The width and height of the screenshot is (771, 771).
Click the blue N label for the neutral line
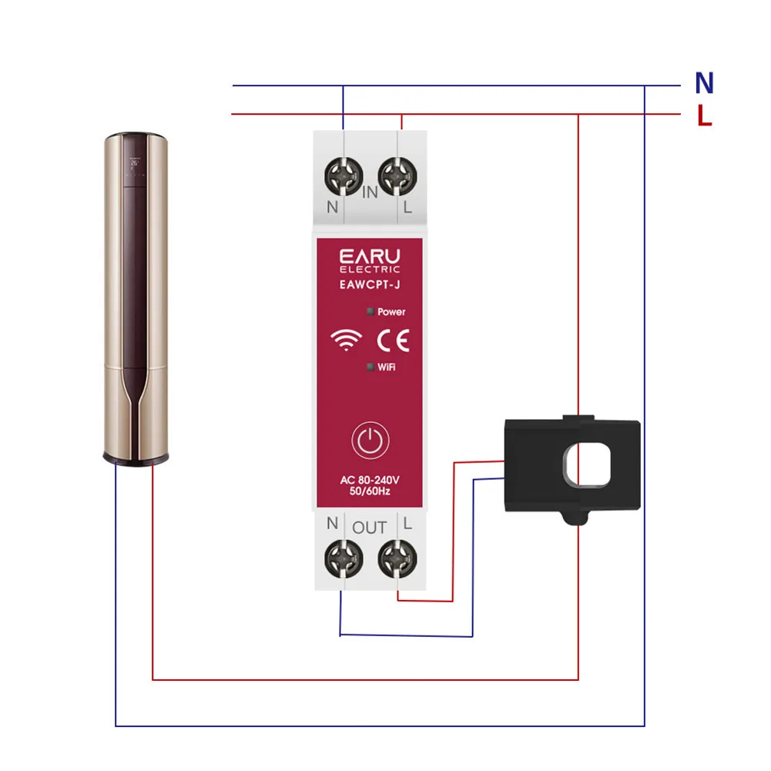click(x=704, y=82)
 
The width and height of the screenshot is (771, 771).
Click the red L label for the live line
click(x=704, y=116)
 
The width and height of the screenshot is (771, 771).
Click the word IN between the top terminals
click(x=370, y=193)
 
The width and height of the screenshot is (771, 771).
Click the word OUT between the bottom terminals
click(x=370, y=528)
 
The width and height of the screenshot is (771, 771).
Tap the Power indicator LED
click(x=370, y=312)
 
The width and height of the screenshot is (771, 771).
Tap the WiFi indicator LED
click(x=370, y=367)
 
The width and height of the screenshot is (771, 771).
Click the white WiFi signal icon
click(x=347, y=340)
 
